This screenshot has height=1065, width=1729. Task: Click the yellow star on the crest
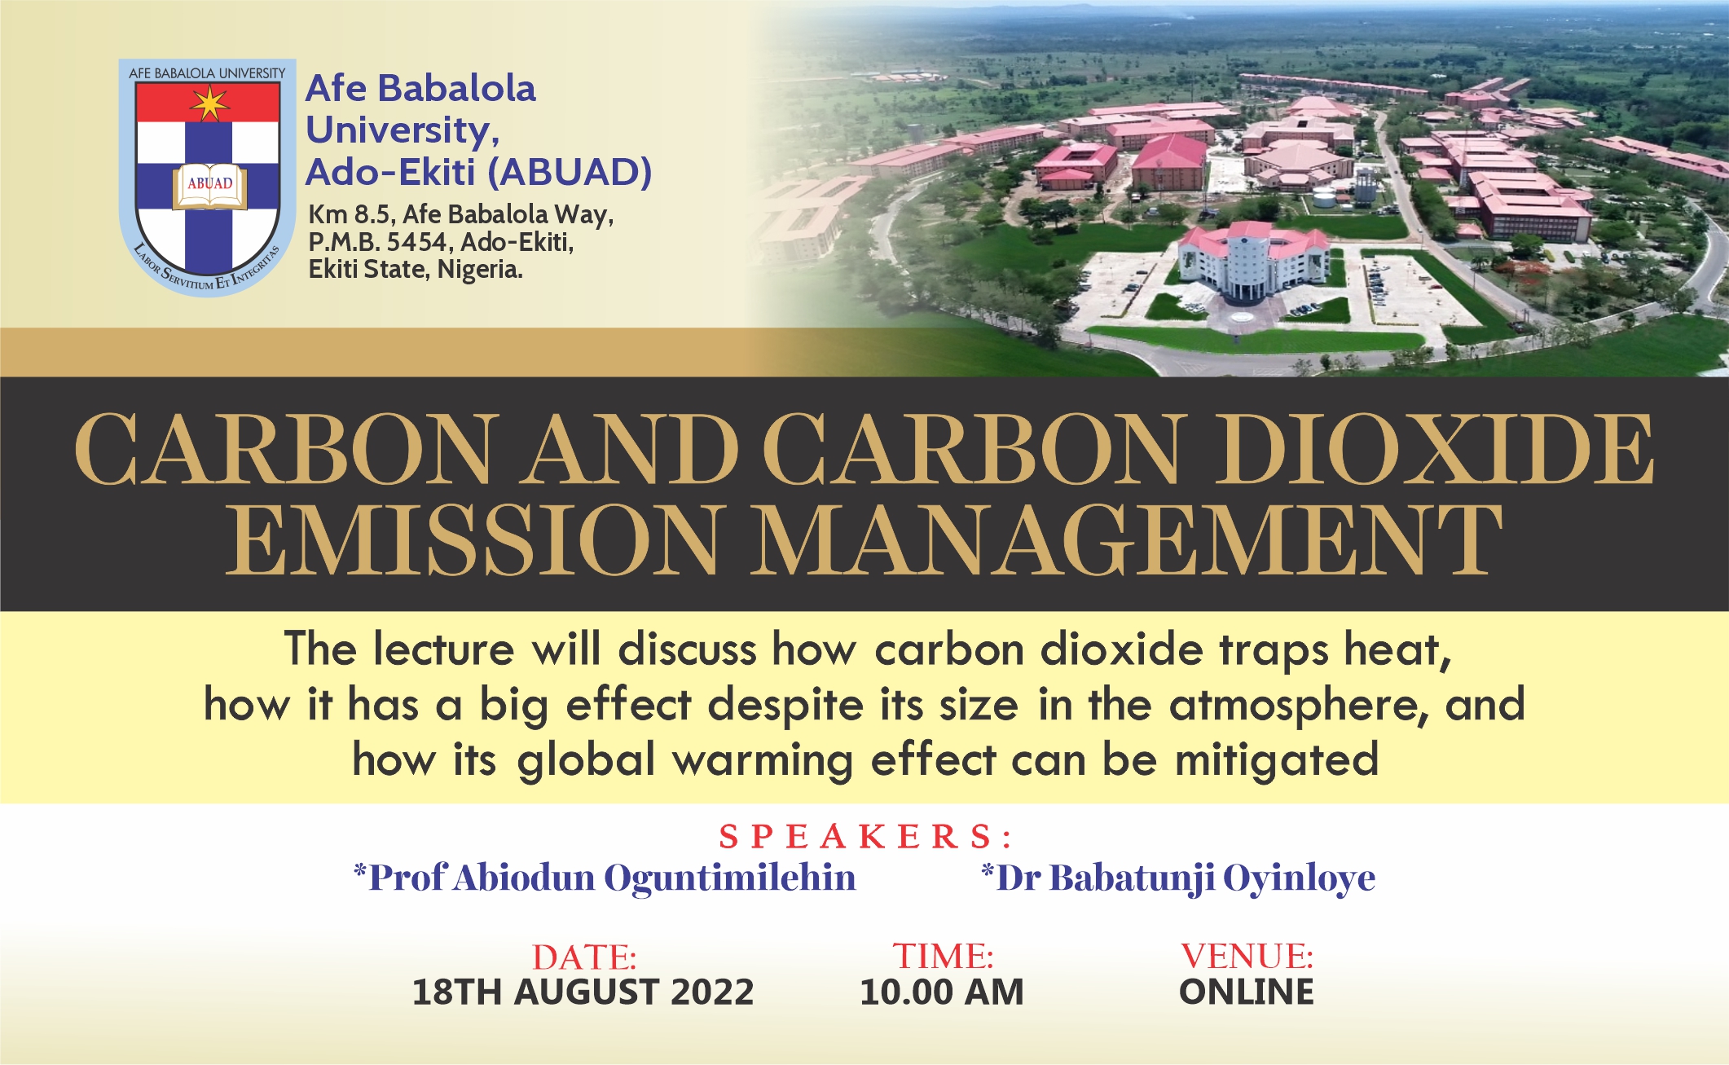pos(210,103)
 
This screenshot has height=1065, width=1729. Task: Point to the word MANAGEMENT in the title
pos(1126,539)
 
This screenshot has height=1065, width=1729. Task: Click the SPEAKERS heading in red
pos(865,837)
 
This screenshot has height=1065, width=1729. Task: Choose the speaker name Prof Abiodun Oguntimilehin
pos(605,878)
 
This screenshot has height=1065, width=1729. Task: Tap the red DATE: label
pos(584,957)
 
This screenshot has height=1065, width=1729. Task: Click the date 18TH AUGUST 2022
pos(583,992)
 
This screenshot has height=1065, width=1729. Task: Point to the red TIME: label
pos(943,956)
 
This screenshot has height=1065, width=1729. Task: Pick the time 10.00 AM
pos(942,992)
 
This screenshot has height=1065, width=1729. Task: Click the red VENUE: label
pos(1247,956)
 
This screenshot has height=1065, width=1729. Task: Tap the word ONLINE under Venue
pos(1247,992)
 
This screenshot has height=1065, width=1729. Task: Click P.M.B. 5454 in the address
pos(377,242)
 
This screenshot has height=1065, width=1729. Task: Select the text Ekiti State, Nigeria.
pos(416,270)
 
